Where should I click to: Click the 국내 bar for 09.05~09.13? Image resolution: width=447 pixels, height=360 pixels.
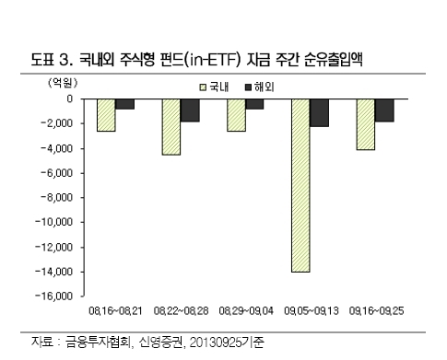click(300, 185)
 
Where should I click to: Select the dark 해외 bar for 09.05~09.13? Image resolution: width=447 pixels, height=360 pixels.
click(319, 112)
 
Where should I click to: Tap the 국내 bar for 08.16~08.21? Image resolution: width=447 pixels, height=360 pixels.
click(106, 115)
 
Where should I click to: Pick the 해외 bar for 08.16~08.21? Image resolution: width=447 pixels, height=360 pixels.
click(124, 104)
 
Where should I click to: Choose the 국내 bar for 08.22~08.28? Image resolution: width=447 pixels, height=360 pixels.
click(171, 127)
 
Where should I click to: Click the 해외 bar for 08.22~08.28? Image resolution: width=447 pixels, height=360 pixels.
click(190, 110)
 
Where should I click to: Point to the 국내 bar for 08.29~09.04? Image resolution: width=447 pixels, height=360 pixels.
click(236, 115)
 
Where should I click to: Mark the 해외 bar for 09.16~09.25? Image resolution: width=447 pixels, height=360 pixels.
click(384, 110)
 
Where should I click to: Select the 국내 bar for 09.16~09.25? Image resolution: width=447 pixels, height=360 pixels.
click(366, 124)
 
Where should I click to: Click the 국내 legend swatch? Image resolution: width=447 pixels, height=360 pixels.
click(203, 87)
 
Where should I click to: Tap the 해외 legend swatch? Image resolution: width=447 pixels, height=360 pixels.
click(248, 87)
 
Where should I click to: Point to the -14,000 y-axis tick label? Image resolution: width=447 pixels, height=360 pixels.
click(54, 272)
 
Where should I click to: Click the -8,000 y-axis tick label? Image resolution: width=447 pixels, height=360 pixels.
click(57, 197)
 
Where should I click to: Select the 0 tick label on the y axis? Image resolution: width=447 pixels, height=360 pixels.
click(70, 99)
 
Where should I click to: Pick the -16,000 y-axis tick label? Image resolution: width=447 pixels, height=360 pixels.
click(54, 296)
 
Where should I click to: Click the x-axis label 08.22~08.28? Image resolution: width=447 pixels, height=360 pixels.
click(181, 311)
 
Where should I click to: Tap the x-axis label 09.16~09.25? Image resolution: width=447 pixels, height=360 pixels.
click(376, 311)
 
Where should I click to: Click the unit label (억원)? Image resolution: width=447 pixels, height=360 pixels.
click(63, 83)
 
